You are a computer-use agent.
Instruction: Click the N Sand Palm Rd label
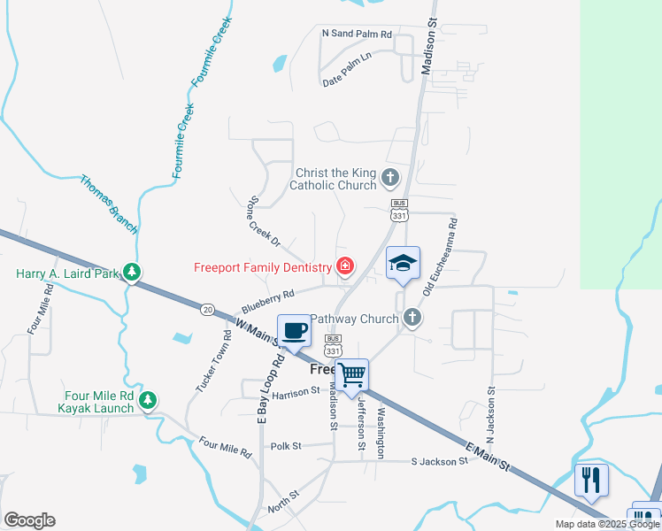pyautogui.click(x=357, y=34)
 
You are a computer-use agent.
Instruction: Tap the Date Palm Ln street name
pyautogui.click(x=346, y=81)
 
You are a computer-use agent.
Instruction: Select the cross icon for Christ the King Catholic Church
pyautogui.click(x=389, y=178)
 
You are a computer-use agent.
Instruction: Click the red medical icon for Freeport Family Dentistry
pyautogui.click(x=344, y=265)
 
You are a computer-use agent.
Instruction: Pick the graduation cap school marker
pyautogui.click(x=403, y=263)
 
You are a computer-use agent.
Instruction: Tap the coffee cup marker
pyautogui.click(x=295, y=332)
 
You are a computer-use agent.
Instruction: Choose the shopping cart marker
pyautogui.click(x=352, y=375)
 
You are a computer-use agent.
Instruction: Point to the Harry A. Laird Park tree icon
pyautogui.click(x=132, y=272)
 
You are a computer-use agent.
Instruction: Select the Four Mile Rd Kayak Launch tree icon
pyautogui.click(x=148, y=401)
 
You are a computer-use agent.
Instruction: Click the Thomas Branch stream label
pyautogui.click(x=110, y=204)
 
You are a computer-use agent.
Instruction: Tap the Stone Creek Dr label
pyautogui.click(x=265, y=222)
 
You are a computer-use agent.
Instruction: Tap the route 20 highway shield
pyautogui.click(x=207, y=309)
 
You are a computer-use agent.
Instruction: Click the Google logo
pyautogui.click(x=29, y=520)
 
